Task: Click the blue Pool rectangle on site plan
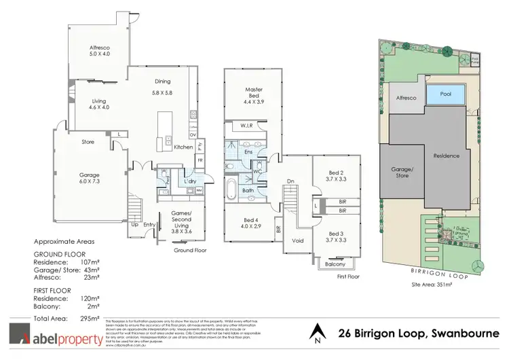click(x=446, y=94)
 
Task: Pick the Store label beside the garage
click(x=87, y=142)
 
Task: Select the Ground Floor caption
click(x=189, y=250)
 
